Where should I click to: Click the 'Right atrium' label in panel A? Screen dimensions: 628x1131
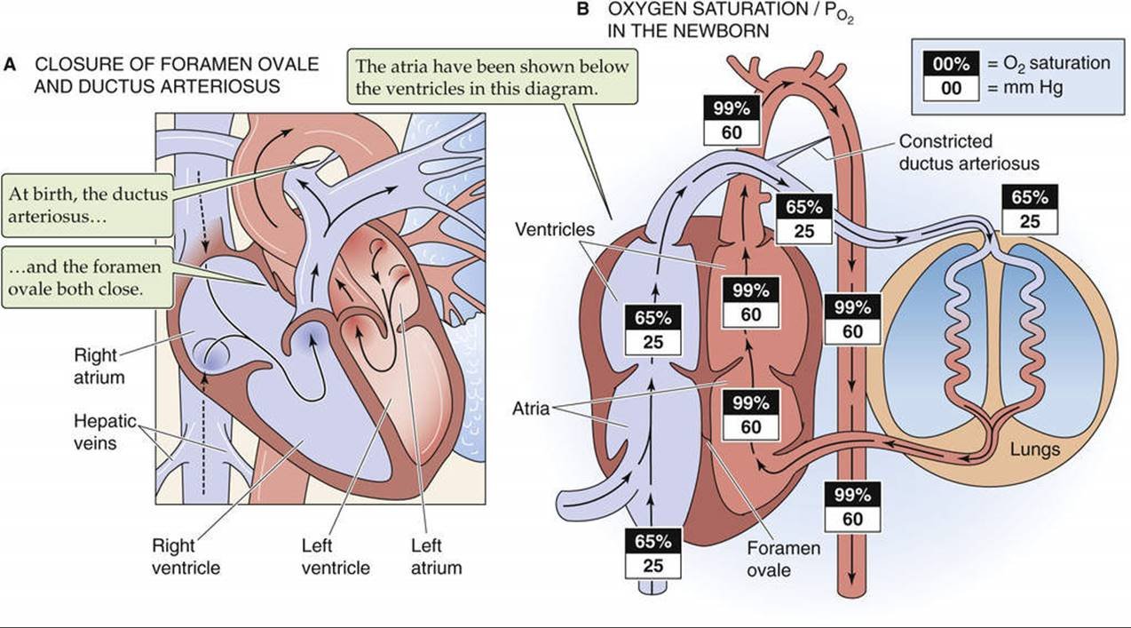click(95, 366)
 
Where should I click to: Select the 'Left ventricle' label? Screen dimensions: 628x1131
click(335, 556)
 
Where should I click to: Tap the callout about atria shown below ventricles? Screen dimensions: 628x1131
click(492, 77)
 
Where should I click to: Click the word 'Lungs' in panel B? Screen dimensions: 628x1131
click(1034, 449)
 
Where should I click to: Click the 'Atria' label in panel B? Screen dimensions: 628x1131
click(530, 409)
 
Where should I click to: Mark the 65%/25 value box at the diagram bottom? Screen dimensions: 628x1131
click(653, 552)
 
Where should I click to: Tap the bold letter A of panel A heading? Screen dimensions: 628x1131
click(11, 65)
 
